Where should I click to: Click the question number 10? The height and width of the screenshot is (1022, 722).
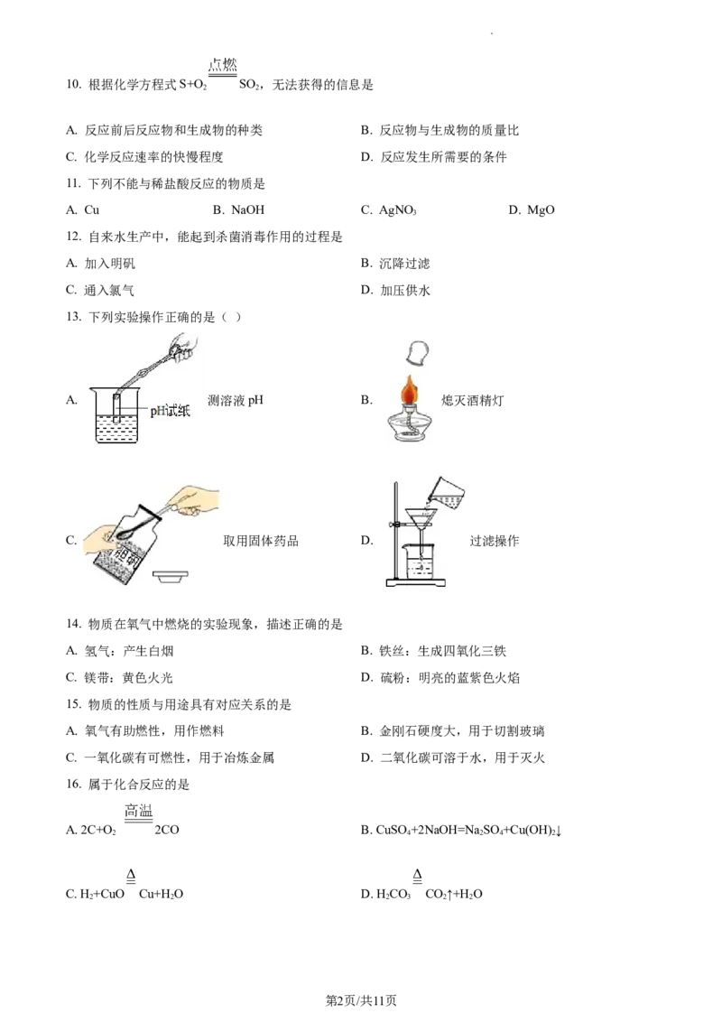(x=73, y=85)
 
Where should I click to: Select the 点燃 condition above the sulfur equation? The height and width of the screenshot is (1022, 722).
(x=222, y=65)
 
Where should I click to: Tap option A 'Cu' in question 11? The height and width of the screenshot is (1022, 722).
(x=83, y=209)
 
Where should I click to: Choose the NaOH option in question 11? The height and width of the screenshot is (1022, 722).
(x=238, y=209)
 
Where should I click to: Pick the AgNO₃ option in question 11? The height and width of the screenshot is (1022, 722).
(x=388, y=209)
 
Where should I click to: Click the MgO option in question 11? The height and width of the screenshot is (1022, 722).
(x=531, y=209)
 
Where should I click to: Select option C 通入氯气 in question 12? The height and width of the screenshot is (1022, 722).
(x=100, y=290)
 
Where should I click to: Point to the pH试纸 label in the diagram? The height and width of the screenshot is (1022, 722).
(x=170, y=411)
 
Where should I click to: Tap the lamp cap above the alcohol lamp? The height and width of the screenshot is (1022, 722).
(x=417, y=354)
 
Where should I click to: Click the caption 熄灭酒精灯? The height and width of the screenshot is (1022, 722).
(x=472, y=400)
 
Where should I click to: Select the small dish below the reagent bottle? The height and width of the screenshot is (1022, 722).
(x=170, y=576)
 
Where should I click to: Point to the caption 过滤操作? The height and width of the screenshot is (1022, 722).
(x=494, y=541)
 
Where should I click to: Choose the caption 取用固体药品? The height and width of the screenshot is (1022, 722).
(x=261, y=541)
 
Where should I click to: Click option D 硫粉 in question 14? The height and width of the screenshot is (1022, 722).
(x=440, y=678)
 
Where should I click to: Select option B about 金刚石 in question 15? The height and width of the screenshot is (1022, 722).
(x=453, y=731)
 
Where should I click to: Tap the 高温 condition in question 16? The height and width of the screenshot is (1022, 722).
(x=139, y=811)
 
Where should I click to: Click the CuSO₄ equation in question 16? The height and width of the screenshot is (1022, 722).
(x=461, y=830)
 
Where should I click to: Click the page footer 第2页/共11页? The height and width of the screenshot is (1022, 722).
(x=361, y=1000)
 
